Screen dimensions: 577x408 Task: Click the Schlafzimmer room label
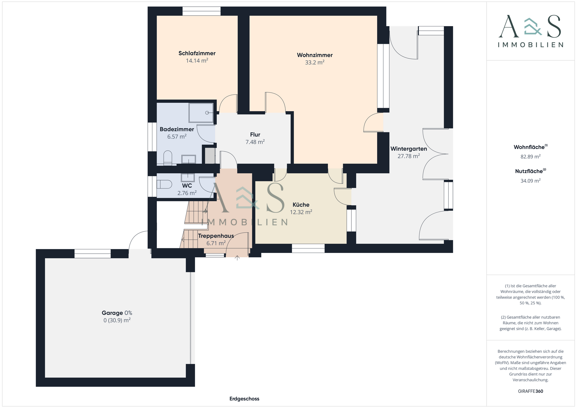[197, 53]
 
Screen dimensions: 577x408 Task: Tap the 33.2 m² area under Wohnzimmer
[315, 62]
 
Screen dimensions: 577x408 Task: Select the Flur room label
[255, 135]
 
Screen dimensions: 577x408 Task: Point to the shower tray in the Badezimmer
[201, 113]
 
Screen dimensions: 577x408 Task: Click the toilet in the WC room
[164, 184]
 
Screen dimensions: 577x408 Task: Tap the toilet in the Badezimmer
[168, 158]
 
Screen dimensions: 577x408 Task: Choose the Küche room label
[301, 205]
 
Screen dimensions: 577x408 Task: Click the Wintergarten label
[408, 149]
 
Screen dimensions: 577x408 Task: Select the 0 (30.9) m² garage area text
[117, 320]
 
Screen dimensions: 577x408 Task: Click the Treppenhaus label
[216, 236]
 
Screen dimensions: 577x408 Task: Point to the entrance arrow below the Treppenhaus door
[237, 258]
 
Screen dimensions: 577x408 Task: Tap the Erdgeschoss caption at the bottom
[244, 399]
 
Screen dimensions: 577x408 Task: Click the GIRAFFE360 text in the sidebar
[530, 391]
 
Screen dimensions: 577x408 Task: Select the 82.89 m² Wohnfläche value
[530, 157]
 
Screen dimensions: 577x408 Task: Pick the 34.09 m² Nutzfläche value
[530, 181]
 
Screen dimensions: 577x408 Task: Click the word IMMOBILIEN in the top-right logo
[530, 45]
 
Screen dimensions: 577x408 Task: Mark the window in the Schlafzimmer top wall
[201, 11]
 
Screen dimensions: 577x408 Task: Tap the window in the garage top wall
[93, 254]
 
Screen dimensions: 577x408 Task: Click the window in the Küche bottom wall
[308, 248]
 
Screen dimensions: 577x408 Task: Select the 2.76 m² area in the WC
[187, 193]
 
